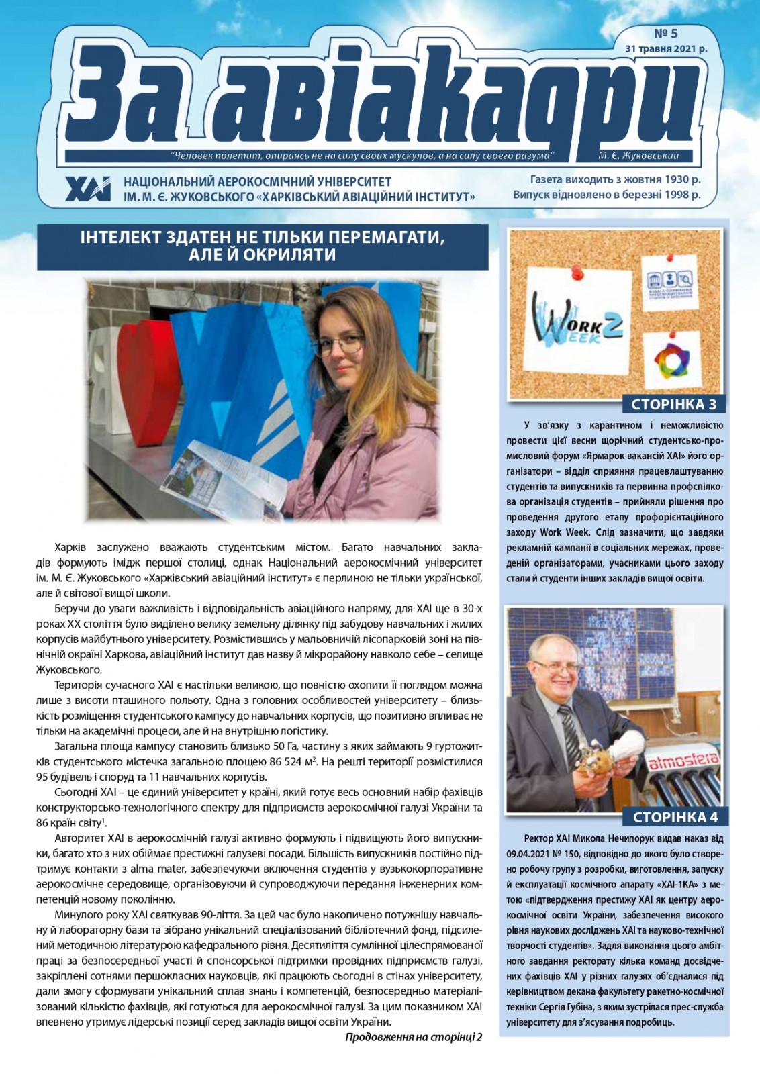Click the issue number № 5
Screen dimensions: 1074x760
[x=666, y=34]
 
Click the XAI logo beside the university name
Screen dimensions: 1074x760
[x=88, y=189]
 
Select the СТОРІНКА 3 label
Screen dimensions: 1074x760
[x=673, y=404]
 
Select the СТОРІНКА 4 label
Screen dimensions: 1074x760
[x=675, y=817]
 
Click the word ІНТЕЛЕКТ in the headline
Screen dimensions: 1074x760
[x=119, y=238]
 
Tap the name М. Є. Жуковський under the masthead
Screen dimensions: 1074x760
[x=638, y=156]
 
